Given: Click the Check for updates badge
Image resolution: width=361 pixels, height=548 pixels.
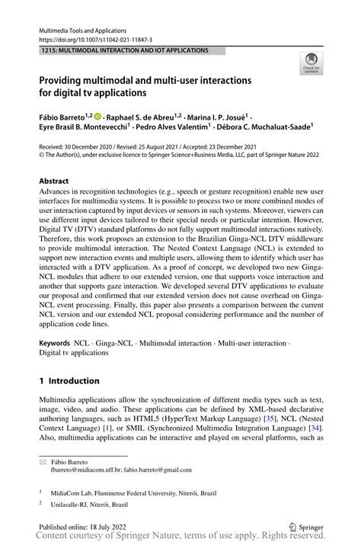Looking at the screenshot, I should coord(310,64).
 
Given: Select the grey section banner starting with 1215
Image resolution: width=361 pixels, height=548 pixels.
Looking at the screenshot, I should coord(126,50).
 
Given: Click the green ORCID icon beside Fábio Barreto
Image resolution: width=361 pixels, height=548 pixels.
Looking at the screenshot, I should coord(98,117).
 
